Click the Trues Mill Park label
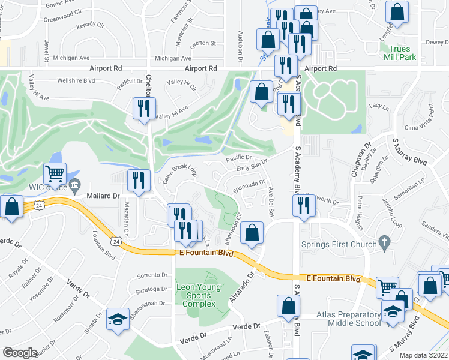point(399,53)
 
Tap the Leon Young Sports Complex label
point(198,295)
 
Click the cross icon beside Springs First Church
point(384,243)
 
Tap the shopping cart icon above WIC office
point(55,175)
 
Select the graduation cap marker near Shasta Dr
point(118,319)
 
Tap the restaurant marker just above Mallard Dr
point(139,181)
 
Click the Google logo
point(20,353)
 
